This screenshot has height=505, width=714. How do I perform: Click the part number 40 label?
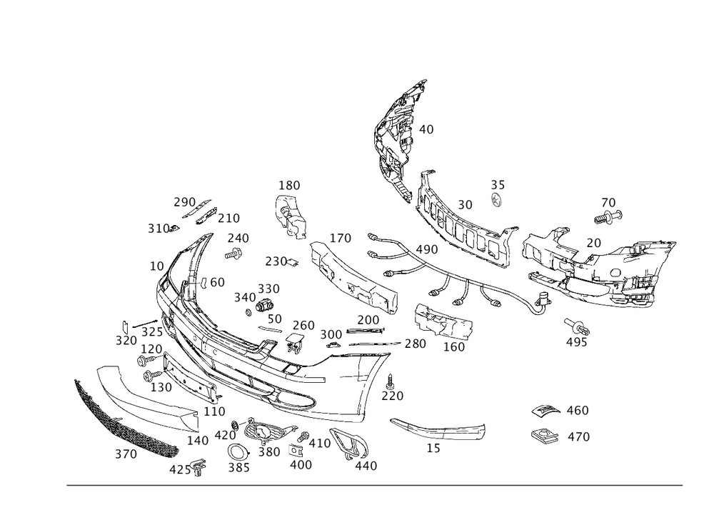tap(426, 129)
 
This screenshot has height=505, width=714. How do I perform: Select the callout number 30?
tap(465, 205)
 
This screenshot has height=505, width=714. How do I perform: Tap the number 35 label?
tap(498, 186)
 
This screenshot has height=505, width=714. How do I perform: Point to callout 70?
tap(608, 203)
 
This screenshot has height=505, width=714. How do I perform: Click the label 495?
tap(576, 341)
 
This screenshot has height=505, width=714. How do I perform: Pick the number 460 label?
tap(578, 411)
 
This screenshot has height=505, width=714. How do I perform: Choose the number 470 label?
tap(578, 436)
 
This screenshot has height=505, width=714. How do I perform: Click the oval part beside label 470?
tap(544, 435)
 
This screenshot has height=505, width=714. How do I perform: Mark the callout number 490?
tap(427, 249)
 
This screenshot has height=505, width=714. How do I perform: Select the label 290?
tap(183, 202)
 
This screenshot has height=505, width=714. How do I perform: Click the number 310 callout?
tap(159, 229)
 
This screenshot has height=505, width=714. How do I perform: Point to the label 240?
tap(238, 238)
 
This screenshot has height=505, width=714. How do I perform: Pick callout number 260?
tap(303, 326)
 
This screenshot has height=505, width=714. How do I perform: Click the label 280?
tap(416, 344)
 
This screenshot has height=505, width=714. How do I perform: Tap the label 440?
tap(366, 466)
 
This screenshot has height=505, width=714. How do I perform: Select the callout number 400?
tap(301, 464)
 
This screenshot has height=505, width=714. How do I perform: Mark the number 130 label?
tap(161, 387)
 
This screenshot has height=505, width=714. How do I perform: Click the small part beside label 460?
tap(545, 411)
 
